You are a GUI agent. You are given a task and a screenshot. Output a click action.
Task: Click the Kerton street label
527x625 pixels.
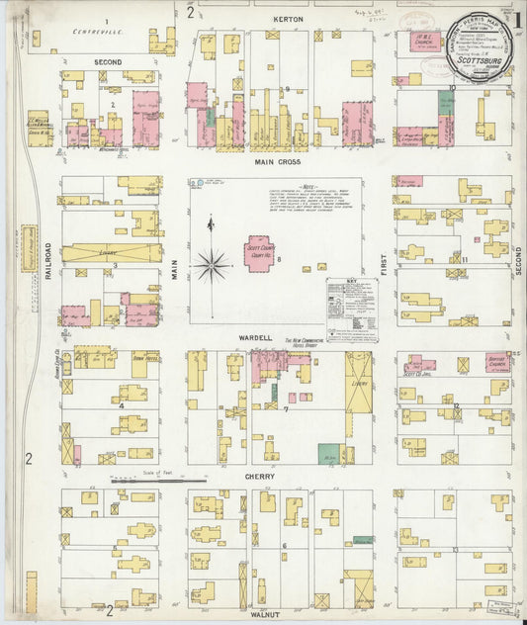coord(289,19)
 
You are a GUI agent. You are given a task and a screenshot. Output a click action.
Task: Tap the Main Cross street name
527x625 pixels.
coord(277,161)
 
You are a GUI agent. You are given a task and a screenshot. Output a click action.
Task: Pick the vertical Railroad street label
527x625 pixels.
coord(47,264)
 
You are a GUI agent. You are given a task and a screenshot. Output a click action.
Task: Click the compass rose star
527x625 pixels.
coord(211,264)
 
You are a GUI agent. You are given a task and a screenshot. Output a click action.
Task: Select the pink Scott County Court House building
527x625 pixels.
coord(262,252)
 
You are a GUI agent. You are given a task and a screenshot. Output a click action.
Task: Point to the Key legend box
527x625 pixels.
coord(352,308)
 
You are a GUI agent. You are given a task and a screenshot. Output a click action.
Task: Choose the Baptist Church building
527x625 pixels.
coord(497,364)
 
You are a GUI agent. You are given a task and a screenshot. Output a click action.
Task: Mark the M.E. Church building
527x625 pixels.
coord(424,43)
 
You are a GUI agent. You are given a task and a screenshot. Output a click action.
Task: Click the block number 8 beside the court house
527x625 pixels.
coord(280,259)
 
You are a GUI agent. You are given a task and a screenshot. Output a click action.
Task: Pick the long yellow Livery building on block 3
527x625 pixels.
coord(111,252)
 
